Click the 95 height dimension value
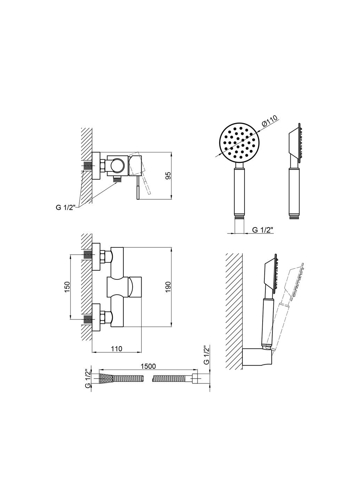(x=169, y=176)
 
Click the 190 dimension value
(x=169, y=287)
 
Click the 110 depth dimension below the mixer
(x=117, y=349)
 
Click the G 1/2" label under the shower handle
(x=263, y=230)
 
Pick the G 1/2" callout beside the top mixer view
(x=66, y=207)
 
